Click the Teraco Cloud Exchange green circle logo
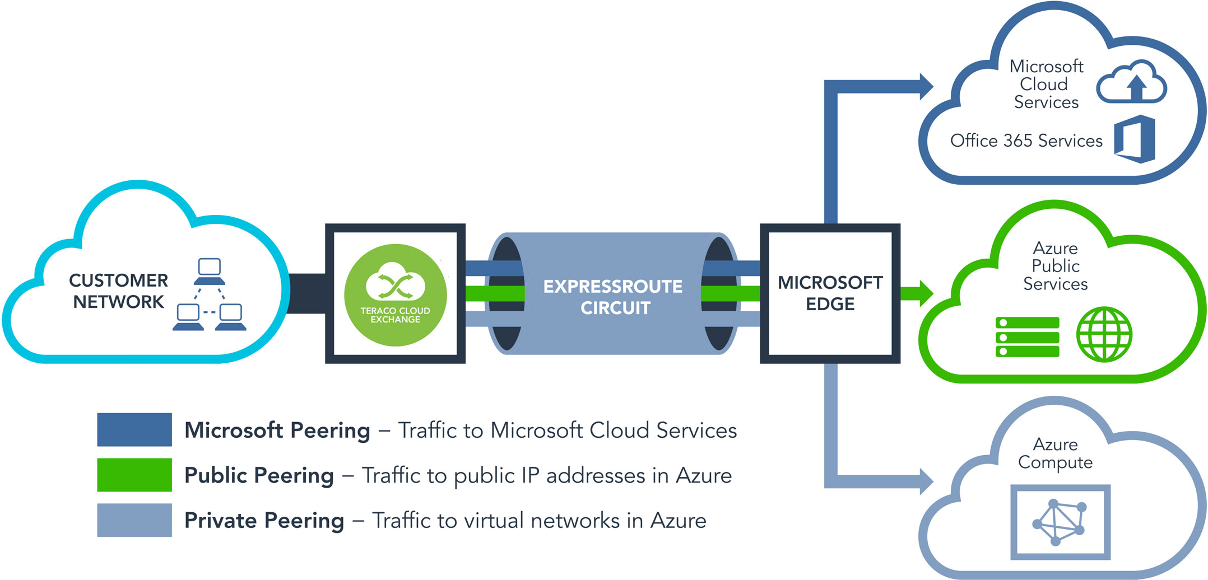(x=395, y=294)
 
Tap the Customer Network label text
(x=118, y=291)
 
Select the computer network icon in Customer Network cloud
(x=210, y=294)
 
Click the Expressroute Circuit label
(x=614, y=297)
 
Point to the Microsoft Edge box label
(x=830, y=293)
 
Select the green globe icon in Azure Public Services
(x=1104, y=334)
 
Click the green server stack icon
(x=1027, y=337)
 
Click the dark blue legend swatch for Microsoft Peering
(x=134, y=429)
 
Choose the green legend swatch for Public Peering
(x=134, y=475)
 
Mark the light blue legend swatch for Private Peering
(x=134, y=520)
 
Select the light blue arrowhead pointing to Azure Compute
(x=926, y=481)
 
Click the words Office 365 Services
(x=1026, y=141)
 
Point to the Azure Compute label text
(x=1055, y=453)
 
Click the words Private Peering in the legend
(x=264, y=521)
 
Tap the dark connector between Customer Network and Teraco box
(x=307, y=293)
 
